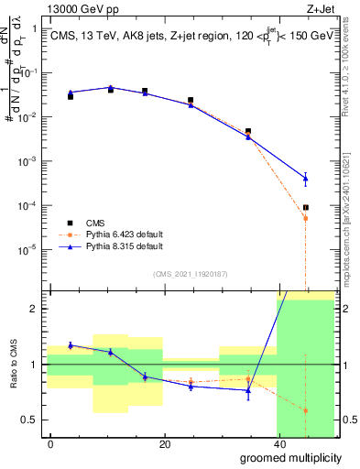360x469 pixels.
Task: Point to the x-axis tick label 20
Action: pyautogui.click(x=164, y=444)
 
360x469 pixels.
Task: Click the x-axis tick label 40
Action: pyautogui.click(x=277, y=444)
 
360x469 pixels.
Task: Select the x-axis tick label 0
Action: pyautogui.click(x=51, y=444)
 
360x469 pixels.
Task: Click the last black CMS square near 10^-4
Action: pyautogui.click(x=306, y=208)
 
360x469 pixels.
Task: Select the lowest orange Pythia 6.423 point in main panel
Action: pyautogui.click(x=306, y=218)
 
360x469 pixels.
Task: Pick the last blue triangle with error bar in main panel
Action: pyautogui.click(x=306, y=177)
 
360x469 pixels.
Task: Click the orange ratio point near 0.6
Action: pyautogui.click(x=306, y=410)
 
